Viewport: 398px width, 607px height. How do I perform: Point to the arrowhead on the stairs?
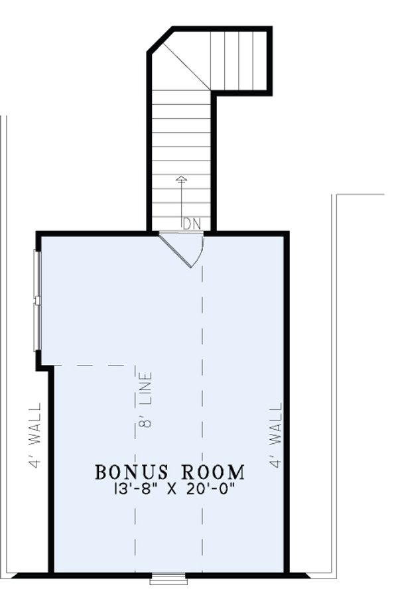(182, 178)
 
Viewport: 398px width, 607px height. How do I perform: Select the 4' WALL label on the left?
(35, 436)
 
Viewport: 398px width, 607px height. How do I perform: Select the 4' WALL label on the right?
(277, 436)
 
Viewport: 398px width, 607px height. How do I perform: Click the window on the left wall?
(38, 300)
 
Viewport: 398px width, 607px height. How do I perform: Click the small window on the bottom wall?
(168, 579)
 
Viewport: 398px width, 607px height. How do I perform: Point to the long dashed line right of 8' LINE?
(202, 411)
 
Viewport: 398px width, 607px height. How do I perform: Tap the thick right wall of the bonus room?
(287, 398)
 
